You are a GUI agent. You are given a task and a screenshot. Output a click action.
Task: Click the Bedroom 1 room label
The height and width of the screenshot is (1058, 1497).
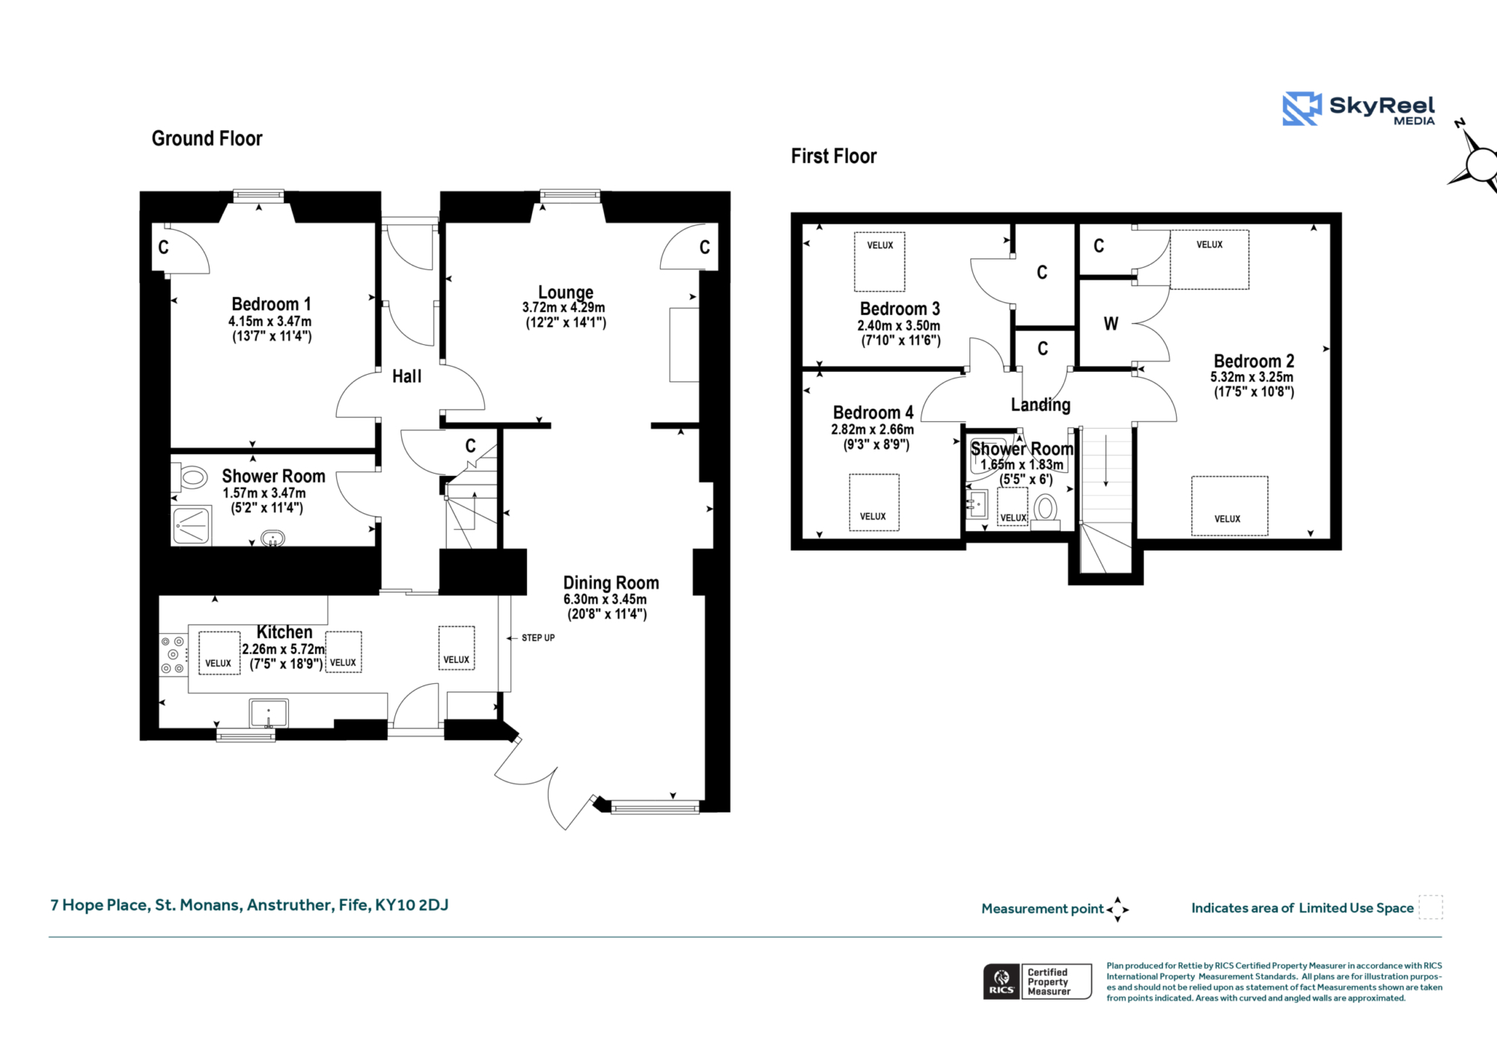click(x=271, y=305)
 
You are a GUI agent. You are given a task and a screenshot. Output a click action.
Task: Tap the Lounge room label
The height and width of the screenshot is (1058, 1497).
click(x=566, y=293)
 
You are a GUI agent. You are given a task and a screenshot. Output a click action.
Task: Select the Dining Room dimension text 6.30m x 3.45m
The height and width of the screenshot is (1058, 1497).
click(x=605, y=599)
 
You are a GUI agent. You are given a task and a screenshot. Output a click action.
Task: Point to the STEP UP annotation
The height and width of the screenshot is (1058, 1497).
click(x=538, y=638)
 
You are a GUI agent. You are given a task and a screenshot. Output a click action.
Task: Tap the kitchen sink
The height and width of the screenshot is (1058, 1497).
click(x=268, y=714)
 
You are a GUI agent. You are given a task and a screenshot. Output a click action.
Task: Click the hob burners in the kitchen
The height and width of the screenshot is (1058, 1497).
click(x=173, y=655)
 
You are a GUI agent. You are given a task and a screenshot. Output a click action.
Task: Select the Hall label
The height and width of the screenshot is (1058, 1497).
click(x=407, y=376)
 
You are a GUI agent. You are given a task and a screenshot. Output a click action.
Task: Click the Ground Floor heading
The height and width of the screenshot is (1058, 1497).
click(x=207, y=138)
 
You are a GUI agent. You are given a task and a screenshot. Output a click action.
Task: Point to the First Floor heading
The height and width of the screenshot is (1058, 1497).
click(x=834, y=156)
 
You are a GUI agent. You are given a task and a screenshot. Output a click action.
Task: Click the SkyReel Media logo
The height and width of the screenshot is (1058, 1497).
click(x=1359, y=109)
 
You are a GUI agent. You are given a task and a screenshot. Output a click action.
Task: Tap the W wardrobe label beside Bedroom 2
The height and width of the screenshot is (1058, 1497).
click(x=1111, y=324)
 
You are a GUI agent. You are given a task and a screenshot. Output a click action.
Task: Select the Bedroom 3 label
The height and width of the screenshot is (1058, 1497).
click(x=900, y=309)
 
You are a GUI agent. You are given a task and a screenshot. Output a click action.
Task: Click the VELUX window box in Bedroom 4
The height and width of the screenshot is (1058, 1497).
click(x=874, y=503)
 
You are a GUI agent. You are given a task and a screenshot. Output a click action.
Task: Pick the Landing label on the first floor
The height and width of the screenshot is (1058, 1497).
click(x=1040, y=405)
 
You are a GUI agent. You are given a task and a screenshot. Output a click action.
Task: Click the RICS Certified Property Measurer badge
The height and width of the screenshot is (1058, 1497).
click(x=1037, y=982)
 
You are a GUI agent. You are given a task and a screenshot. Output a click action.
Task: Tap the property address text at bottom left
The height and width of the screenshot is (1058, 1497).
click(x=249, y=905)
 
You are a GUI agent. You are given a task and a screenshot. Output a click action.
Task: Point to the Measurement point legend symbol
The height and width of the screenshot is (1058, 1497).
click(x=1118, y=909)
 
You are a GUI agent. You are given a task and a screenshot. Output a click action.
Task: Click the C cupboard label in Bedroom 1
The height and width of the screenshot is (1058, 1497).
click(x=163, y=248)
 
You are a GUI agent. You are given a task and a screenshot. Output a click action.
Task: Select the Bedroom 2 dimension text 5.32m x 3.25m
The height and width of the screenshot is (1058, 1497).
click(x=1251, y=377)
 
